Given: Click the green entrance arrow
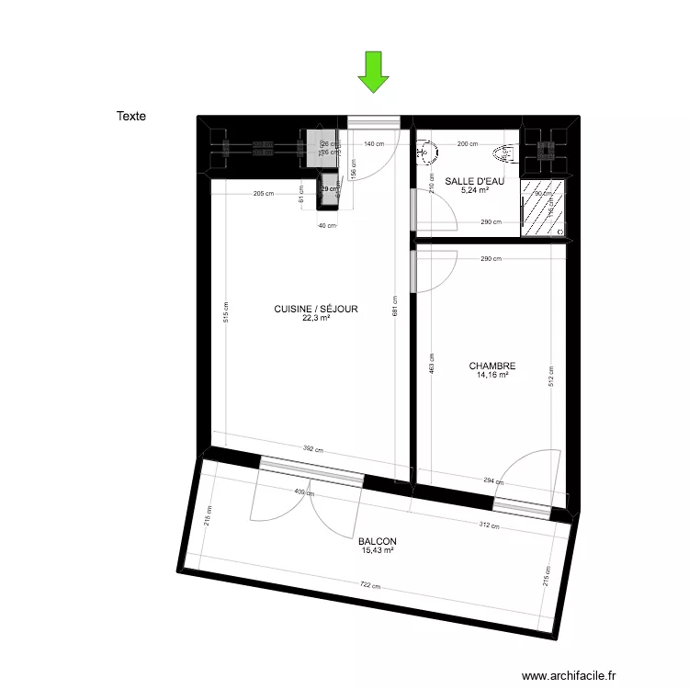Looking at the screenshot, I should (x=373, y=73).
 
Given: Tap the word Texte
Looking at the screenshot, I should (x=131, y=117).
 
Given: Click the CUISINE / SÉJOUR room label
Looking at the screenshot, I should (x=316, y=310).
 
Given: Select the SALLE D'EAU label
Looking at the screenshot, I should (x=474, y=181).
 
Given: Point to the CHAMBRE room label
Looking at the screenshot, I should (x=491, y=365).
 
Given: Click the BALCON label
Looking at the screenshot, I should (x=378, y=541).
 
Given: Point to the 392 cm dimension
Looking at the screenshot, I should (x=313, y=449).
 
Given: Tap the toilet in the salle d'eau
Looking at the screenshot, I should (x=504, y=153).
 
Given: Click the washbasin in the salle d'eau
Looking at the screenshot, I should (x=425, y=153).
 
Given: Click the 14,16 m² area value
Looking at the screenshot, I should (x=491, y=374).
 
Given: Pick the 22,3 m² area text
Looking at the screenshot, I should (x=316, y=319).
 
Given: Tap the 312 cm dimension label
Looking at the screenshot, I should (x=488, y=526).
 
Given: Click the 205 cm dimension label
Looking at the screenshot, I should (x=264, y=193).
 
